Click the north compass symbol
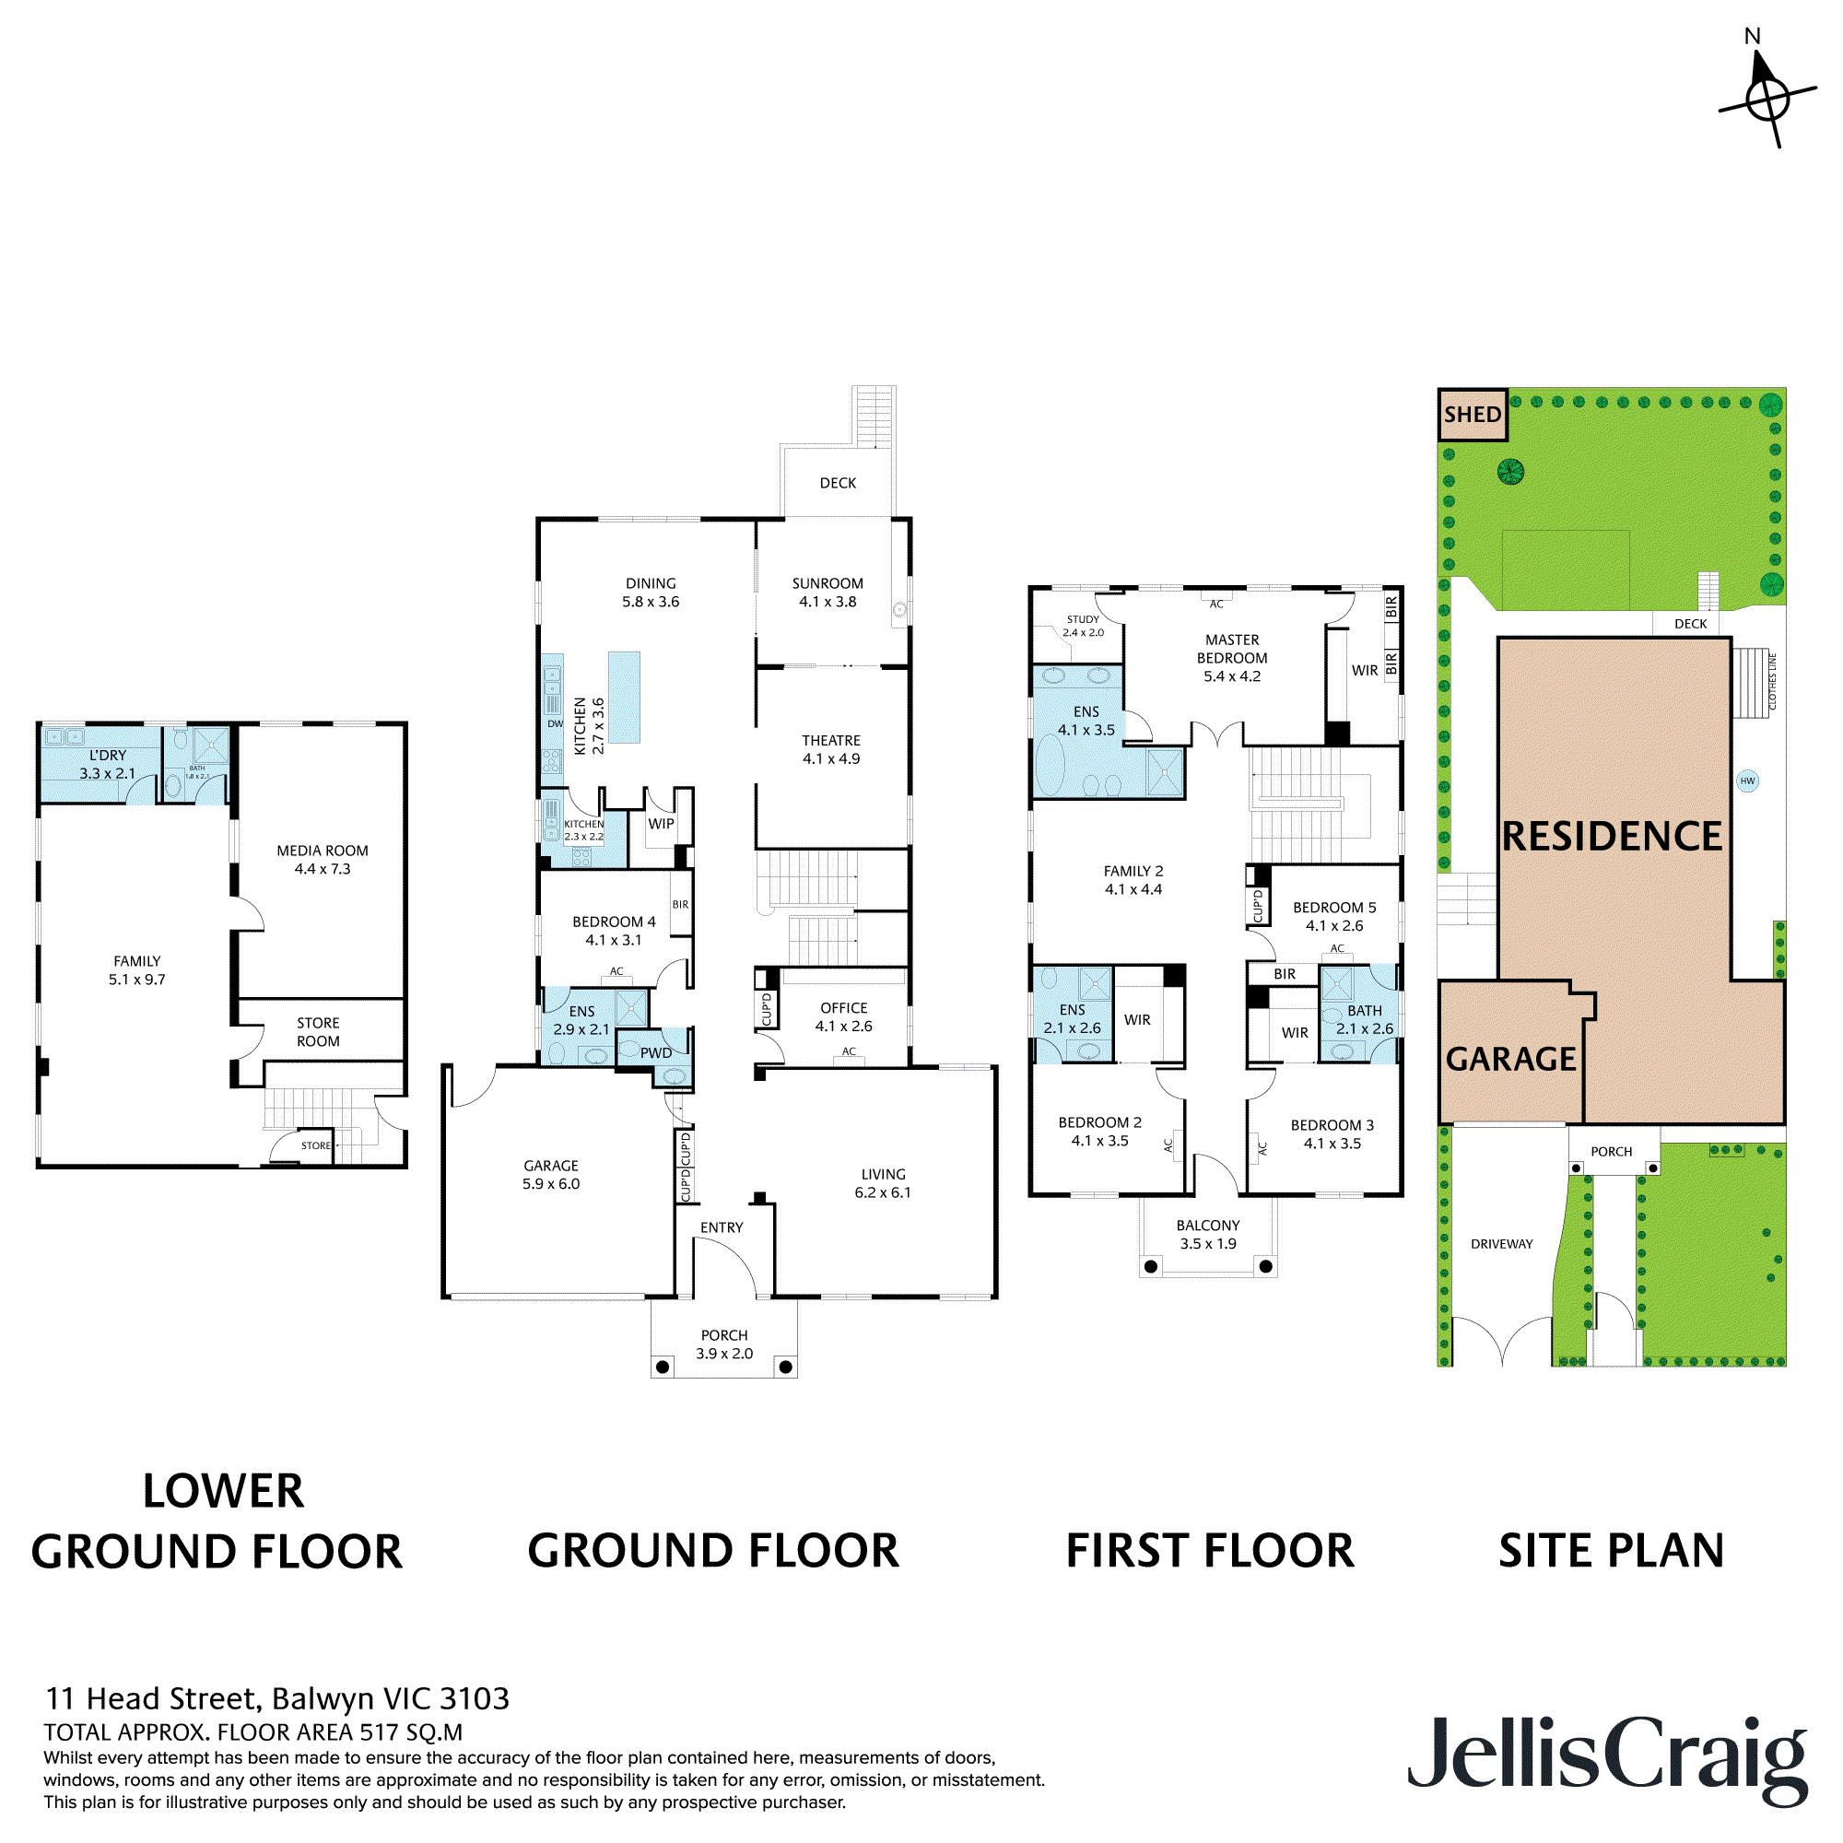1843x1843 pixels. tap(1767, 97)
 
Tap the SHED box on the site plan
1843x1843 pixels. tap(1472, 414)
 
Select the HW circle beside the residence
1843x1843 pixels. tap(1746, 781)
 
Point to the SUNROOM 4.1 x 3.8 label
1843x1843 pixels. tap(828, 592)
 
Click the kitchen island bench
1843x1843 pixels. tap(624, 697)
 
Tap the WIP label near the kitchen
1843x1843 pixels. tap(660, 823)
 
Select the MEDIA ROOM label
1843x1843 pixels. tap(323, 859)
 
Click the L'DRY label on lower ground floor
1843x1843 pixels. tap(107, 763)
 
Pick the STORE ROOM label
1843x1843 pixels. tap(318, 1031)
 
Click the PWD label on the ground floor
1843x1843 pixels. tap(655, 1052)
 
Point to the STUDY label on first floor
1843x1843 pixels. tap(1083, 625)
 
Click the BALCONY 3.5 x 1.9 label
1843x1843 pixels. tap(1208, 1235)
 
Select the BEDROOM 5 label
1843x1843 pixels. tap(1333, 916)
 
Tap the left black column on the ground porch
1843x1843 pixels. tap(663, 1367)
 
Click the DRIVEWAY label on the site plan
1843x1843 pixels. tap(1501, 1244)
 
